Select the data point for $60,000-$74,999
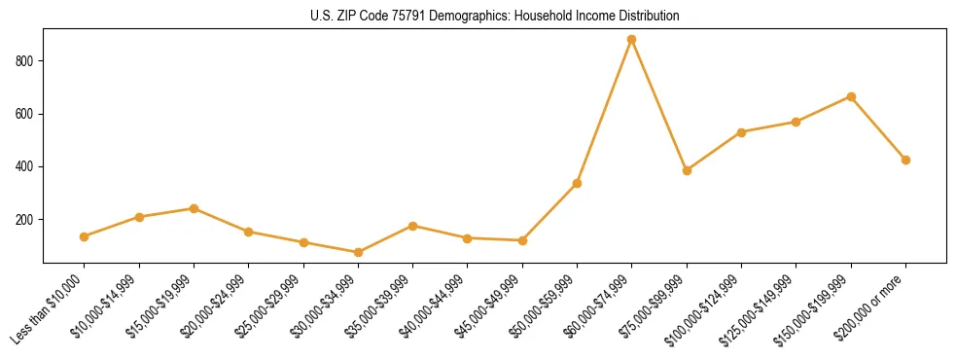tap(632, 40)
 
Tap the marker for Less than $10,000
tap(85, 236)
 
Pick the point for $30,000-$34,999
tap(358, 252)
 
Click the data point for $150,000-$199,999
tap(851, 96)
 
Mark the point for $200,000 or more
tap(905, 160)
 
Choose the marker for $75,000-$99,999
tap(687, 170)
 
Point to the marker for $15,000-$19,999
tap(194, 208)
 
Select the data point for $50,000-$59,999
tap(577, 183)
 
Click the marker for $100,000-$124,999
tap(741, 132)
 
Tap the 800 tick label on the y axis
tap(26, 61)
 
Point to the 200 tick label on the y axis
tap(26, 220)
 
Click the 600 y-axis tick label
tap(26, 114)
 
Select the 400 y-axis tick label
tap(26, 167)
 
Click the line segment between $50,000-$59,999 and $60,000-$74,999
tap(605, 111)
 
